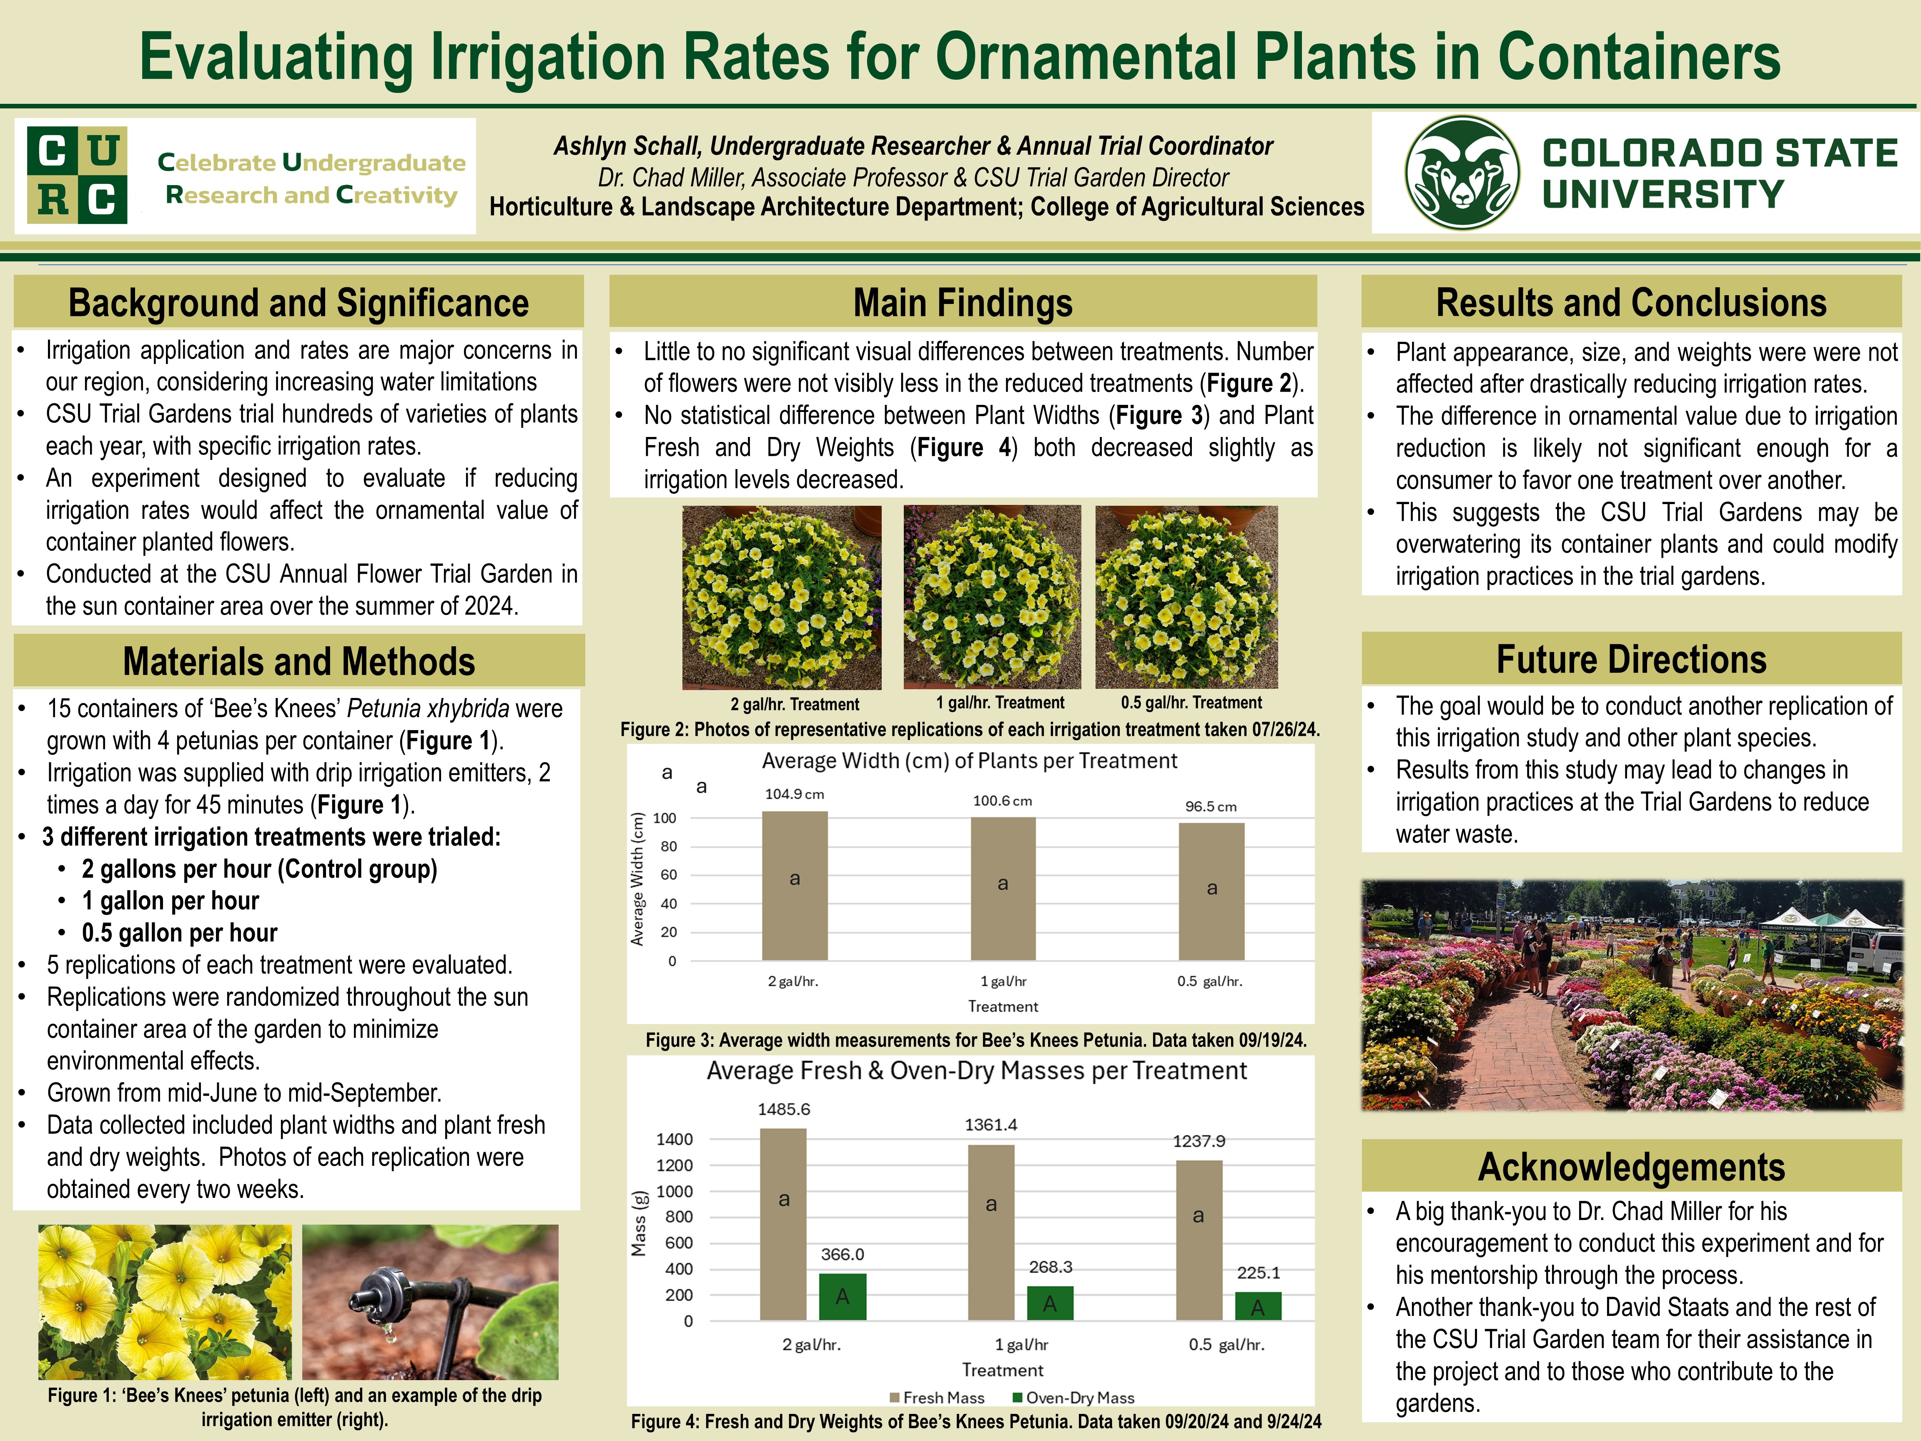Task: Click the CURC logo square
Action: pos(77,175)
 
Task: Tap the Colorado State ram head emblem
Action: pos(1462,173)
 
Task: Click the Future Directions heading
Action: pos(1631,659)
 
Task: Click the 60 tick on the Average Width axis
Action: pos(669,875)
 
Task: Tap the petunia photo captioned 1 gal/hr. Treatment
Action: pos(992,597)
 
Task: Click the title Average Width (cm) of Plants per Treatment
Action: pos(969,761)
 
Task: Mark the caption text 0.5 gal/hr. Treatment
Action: pos(1191,703)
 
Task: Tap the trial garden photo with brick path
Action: pos(1631,994)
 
